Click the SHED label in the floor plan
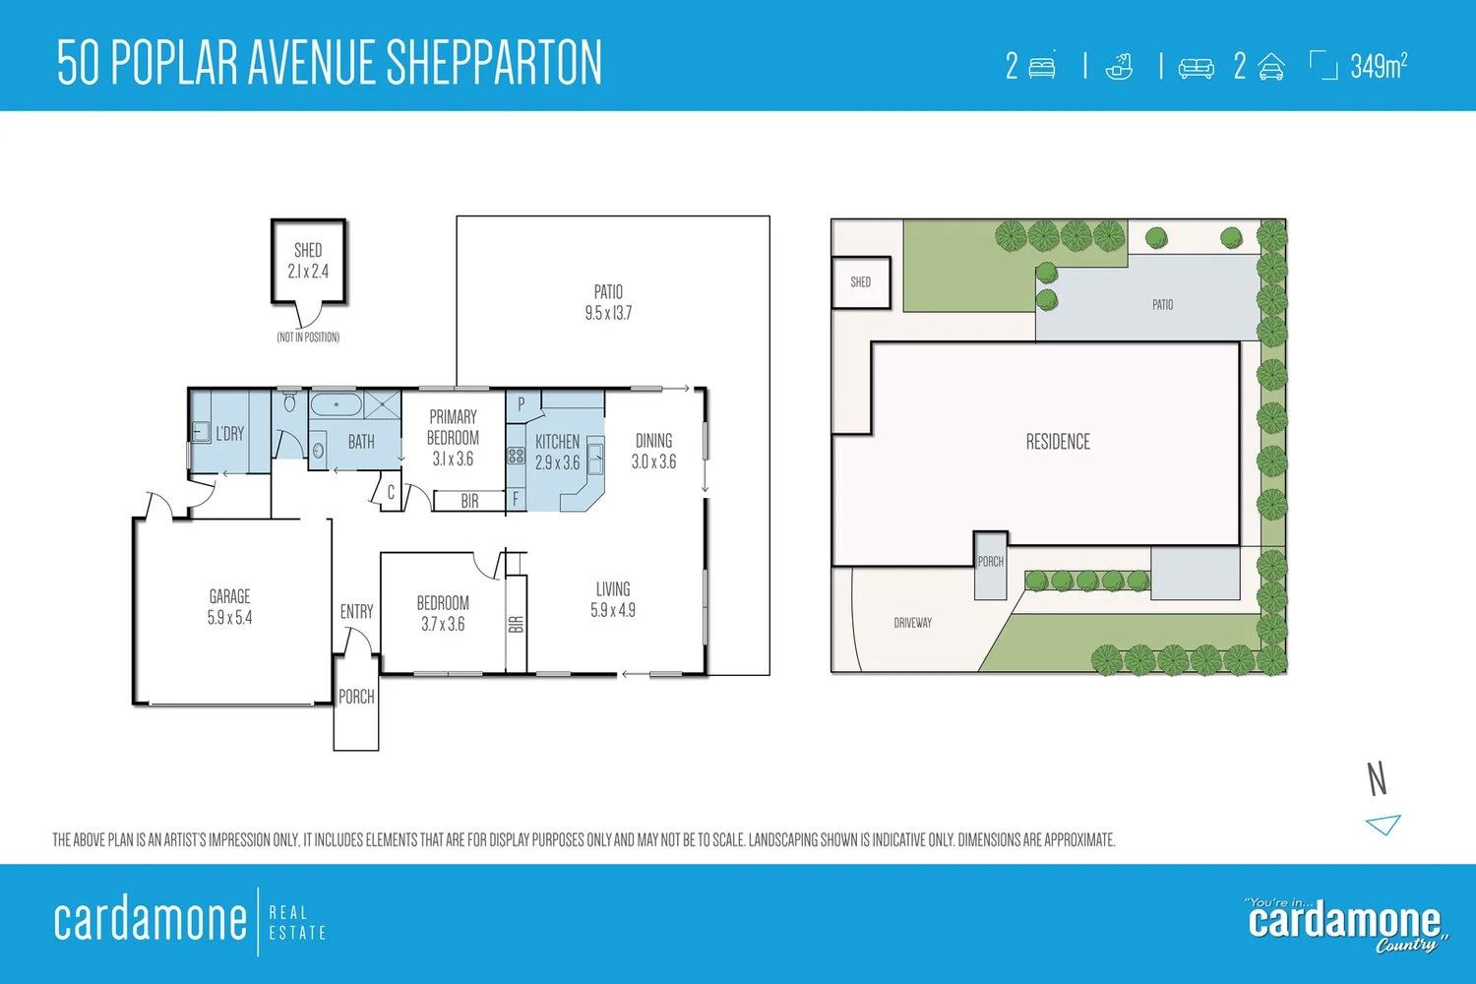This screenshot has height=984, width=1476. tap(308, 251)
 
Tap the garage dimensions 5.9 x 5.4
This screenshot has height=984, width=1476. tap(229, 618)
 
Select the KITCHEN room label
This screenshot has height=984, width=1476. tap(558, 442)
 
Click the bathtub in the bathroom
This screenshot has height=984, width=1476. tap(337, 404)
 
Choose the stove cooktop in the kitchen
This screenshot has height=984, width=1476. tap(516, 456)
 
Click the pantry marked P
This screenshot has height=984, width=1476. tap(522, 404)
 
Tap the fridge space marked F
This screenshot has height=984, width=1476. tap(516, 498)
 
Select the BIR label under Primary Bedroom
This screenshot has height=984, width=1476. tap(469, 501)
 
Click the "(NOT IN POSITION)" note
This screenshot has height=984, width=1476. tap(308, 338)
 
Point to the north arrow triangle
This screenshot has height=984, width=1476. tap(1384, 825)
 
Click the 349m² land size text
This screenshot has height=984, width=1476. tap(1379, 66)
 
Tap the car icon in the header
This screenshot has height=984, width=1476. tap(1271, 67)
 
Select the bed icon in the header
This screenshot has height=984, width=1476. tap(1042, 68)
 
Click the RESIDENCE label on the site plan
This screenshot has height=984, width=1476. tap(1058, 442)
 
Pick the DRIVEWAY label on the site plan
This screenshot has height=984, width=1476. tap(912, 622)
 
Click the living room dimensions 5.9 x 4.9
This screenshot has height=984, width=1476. tap(613, 610)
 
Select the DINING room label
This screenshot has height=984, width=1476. tap(653, 440)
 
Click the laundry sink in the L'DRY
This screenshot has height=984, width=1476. tap(201, 432)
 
